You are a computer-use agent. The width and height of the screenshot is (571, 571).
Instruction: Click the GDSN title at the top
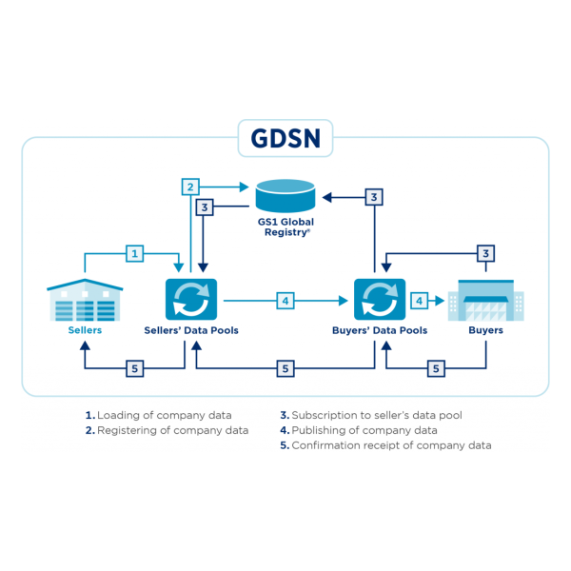285,140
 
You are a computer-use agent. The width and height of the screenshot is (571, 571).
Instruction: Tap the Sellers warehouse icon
85,300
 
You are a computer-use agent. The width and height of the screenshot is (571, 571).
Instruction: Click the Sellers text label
85,331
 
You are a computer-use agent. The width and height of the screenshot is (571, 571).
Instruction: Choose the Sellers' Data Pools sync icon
191,300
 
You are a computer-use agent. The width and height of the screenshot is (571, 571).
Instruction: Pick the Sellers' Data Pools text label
191,331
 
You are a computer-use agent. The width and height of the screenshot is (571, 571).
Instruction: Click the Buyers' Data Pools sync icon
380,300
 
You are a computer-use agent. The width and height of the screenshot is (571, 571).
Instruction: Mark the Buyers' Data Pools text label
380,331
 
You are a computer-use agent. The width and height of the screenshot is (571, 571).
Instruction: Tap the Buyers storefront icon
485,300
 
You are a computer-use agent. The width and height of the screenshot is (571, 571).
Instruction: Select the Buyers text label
485,331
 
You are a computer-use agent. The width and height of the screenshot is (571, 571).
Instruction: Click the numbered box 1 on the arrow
135,254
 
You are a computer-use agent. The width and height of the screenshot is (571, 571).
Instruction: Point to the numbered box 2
191,187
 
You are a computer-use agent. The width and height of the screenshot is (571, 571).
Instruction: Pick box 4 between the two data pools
285,300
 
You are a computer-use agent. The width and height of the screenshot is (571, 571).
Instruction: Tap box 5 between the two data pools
285,367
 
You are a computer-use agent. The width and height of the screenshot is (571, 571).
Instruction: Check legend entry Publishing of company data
359,430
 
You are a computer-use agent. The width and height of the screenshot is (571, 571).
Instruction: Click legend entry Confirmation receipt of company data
385,445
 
